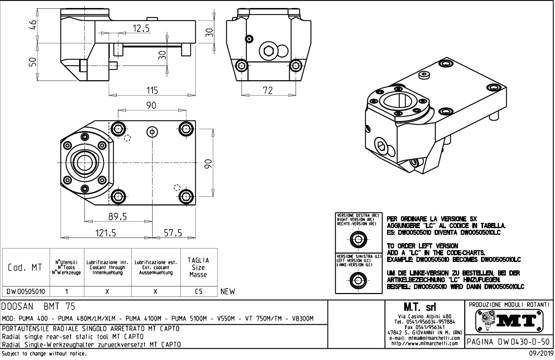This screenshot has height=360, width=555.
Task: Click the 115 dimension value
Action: coord(152,90)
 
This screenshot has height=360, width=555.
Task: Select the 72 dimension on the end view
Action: coord(267,90)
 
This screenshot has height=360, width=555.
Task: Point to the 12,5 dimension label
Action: coord(141,29)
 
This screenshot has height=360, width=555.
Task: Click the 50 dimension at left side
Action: coord(32,62)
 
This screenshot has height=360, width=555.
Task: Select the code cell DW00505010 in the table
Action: coord(26,291)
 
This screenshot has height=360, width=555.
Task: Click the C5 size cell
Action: coord(199,291)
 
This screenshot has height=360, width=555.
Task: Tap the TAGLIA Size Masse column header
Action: coord(198,267)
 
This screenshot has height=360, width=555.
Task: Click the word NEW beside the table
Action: coord(228,291)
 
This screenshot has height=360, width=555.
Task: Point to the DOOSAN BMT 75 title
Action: coord(38,307)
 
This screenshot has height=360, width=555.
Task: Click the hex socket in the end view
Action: coord(269,51)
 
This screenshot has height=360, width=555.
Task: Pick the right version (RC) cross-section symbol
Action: coord(358,240)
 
